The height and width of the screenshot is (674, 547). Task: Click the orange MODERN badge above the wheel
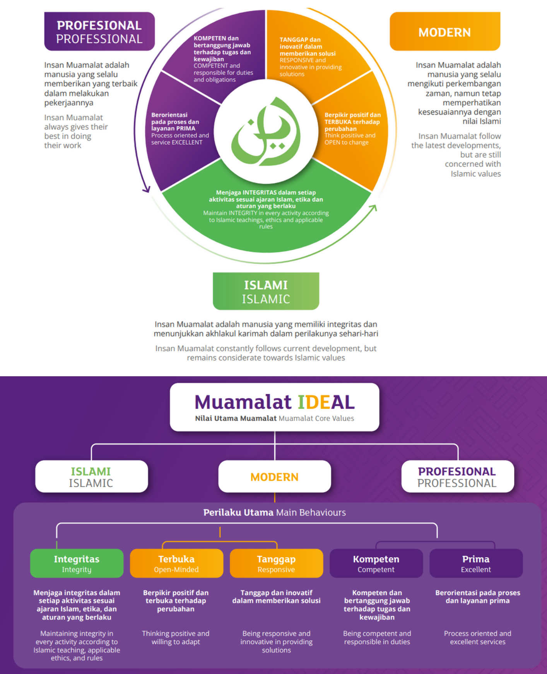(444, 32)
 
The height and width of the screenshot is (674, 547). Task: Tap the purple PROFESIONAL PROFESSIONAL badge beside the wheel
(99, 32)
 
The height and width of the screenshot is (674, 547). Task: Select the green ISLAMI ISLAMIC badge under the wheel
(266, 291)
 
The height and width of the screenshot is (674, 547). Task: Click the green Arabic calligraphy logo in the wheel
(266, 133)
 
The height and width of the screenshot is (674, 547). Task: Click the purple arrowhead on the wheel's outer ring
(146, 189)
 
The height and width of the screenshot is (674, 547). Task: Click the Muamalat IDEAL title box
(274, 407)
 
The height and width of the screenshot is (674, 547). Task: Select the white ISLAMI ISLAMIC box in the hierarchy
(91, 476)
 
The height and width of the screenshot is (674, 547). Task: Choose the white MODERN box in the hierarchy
(274, 476)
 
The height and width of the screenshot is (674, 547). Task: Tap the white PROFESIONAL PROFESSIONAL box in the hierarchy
(457, 476)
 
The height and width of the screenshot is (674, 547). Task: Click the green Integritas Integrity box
(77, 563)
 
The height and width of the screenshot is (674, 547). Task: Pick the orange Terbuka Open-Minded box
(176, 563)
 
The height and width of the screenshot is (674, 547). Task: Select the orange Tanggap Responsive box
(276, 563)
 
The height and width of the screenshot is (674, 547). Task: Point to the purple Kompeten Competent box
(376, 563)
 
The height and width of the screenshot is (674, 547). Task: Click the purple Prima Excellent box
(476, 563)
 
